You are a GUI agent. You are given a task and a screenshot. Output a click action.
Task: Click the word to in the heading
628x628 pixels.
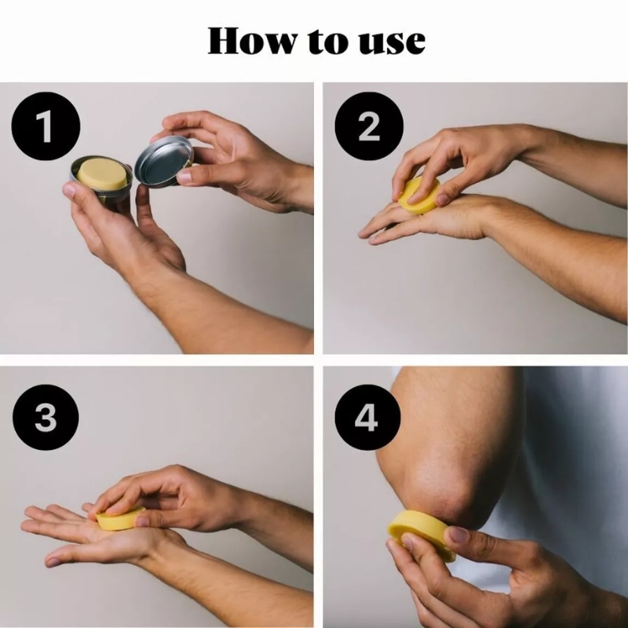click(x=328, y=42)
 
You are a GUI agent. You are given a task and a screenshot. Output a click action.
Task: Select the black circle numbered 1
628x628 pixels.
click(x=46, y=126)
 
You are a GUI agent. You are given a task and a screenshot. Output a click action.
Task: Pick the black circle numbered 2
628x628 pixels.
click(x=369, y=126)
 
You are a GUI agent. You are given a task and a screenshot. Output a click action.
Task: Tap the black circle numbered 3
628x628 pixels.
click(x=46, y=418)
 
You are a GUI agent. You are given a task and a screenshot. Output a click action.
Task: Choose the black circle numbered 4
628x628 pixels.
click(x=367, y=418)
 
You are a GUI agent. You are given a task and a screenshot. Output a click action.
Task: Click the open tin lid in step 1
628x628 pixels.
click(x=164, y=162)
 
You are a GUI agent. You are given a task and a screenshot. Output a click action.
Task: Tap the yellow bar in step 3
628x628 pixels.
click(x=121, y=518)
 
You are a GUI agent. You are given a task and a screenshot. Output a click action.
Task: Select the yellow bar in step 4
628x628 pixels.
click(x=422, y=535)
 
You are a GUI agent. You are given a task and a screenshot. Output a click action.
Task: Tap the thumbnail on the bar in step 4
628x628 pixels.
click(x=457, y=535)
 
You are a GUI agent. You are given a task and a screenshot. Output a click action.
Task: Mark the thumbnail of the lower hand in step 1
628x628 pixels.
click(x=69, y=189)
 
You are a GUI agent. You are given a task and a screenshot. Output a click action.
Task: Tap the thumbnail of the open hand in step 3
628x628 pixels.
click(x=53, y=562)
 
